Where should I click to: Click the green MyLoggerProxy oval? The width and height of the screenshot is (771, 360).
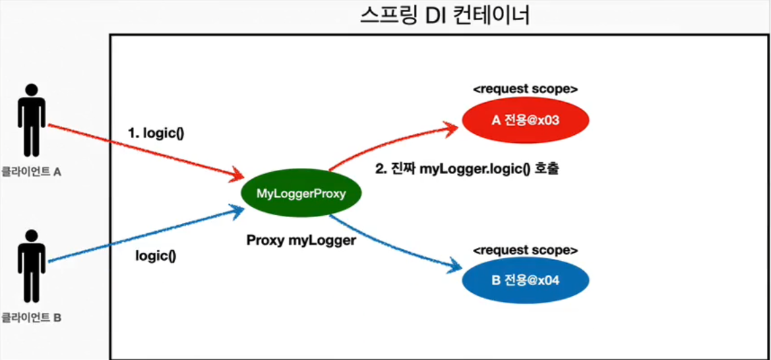[301, 194]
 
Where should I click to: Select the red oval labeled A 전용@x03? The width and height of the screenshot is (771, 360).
[526, 121]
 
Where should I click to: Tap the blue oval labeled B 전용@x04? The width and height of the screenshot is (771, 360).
[526, 280]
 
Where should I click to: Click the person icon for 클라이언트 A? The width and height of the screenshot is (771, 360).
[32, 121]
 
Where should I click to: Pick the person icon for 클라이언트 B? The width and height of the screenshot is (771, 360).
[32, 266]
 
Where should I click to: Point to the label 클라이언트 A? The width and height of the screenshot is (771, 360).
[32, 172]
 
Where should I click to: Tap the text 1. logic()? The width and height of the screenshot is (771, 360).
[156, 133]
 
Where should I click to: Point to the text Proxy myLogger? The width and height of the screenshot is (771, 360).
[301, 240]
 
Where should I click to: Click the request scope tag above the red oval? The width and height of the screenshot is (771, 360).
[526, 89]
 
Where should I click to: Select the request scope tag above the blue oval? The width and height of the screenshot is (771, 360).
[526, 250]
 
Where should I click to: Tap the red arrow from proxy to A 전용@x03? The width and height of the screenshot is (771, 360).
[391, 144]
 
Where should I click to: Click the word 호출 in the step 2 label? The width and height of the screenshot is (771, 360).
[548, 170]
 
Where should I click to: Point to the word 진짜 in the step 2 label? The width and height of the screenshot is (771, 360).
[403, 170]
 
